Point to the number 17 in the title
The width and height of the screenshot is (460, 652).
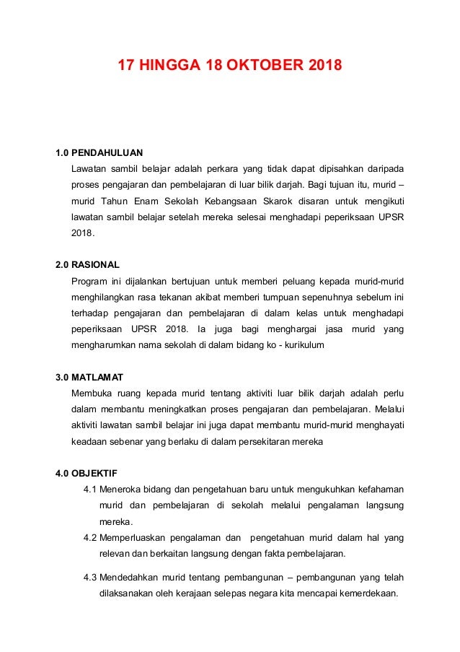coord(128,68)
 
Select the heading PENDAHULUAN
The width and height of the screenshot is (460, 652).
coord(107,152)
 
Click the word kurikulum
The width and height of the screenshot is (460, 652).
coord(302,345)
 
